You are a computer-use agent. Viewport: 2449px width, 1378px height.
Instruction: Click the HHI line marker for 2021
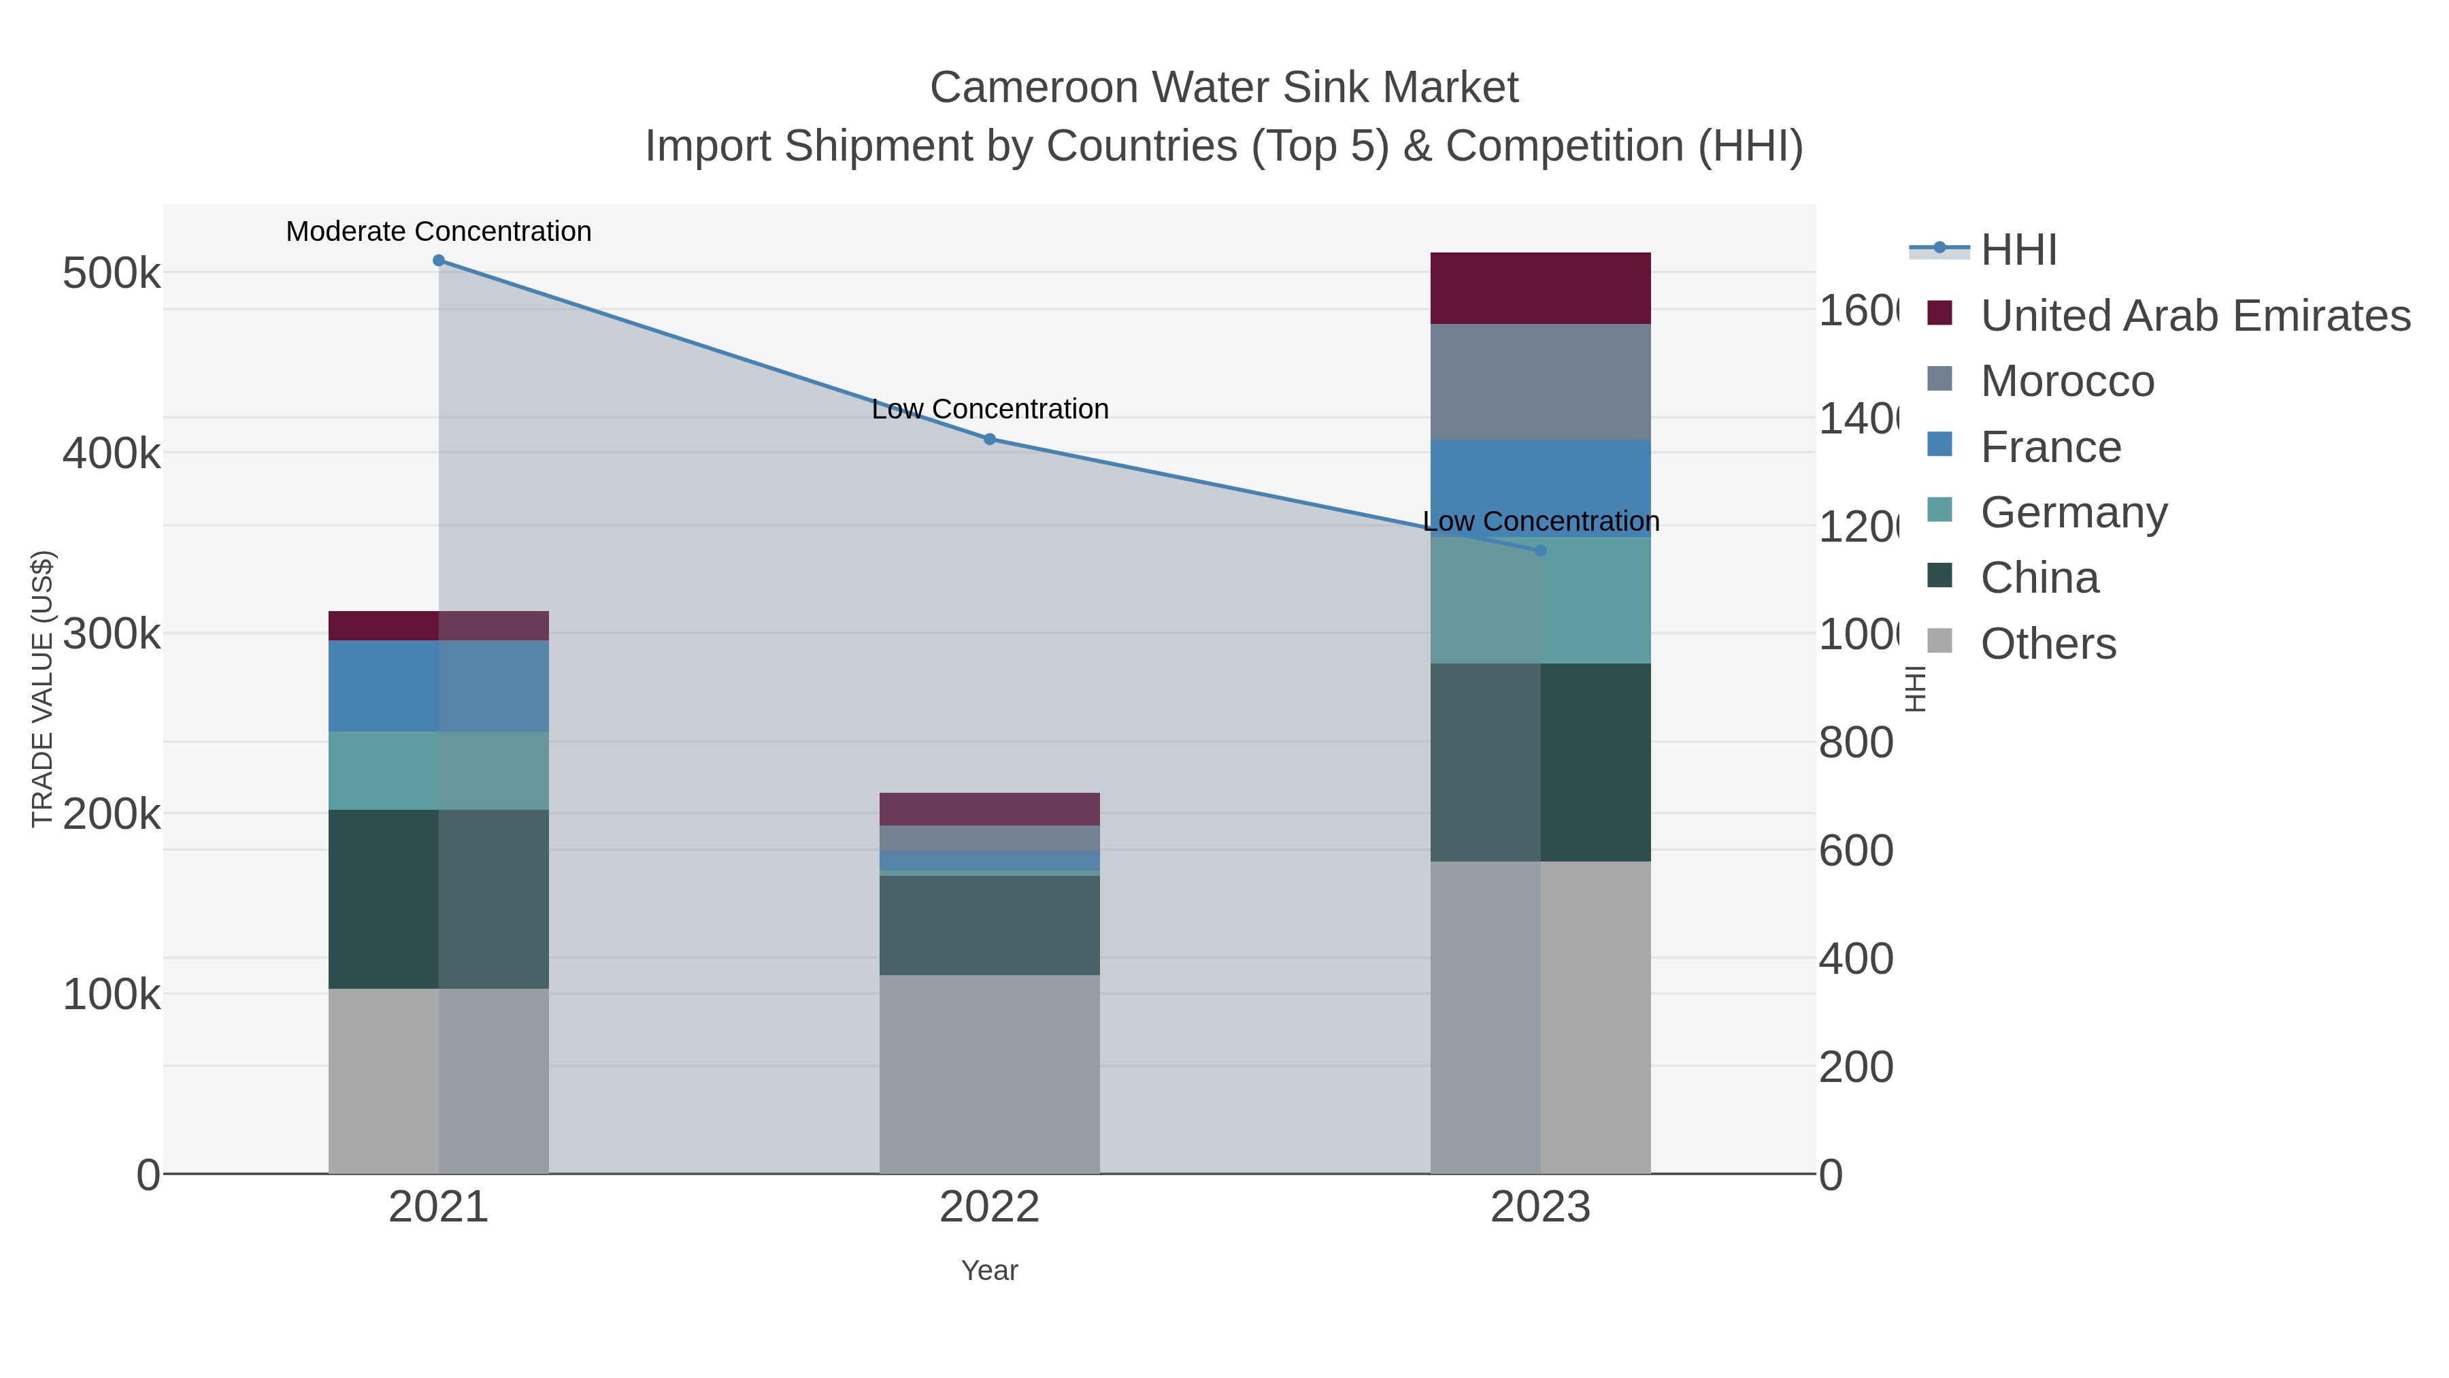438,261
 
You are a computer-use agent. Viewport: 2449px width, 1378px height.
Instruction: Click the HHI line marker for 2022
990,440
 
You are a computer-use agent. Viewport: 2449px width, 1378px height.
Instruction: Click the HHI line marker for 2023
1541,551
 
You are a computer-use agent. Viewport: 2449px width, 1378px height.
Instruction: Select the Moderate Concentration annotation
438,232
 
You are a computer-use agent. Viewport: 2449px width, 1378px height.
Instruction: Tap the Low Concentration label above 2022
990,410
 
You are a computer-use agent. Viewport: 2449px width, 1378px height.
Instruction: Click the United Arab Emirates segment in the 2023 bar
1540,288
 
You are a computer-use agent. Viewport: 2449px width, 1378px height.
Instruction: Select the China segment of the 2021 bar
438,899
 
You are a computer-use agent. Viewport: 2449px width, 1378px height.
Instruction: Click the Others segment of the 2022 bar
990,1074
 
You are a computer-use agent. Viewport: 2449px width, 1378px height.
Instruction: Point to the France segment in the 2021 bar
438,686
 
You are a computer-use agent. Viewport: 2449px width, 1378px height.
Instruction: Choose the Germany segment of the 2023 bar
1540,600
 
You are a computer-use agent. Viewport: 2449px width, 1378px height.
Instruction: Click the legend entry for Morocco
2067,381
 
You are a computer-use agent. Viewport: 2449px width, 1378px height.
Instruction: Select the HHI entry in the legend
2018,250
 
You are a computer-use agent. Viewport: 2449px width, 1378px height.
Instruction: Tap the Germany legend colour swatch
1939,510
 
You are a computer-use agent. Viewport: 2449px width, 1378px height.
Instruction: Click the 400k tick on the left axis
112,454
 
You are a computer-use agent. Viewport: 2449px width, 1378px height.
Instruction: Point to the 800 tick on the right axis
1856,742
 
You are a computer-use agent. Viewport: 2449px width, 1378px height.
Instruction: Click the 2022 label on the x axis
990,1207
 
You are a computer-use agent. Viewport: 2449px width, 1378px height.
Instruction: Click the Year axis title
990,1270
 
